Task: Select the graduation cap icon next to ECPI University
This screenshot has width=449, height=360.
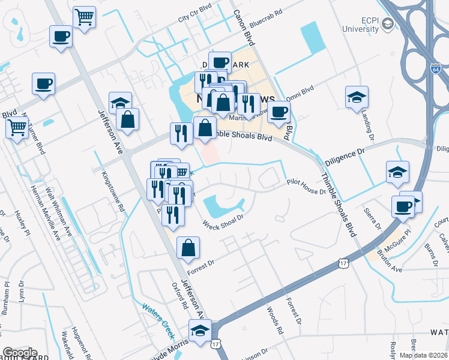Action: (x=387, y=23)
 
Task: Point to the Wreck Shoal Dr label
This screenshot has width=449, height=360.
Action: (x=224, y=222)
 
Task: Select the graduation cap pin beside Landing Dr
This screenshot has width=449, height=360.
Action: (x=357, y=97)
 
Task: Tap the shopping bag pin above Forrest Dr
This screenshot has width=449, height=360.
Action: (x=188, y=248)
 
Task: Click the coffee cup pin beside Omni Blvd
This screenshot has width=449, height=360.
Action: (x=278, y=112)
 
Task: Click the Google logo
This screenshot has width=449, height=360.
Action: (x=20, y=353)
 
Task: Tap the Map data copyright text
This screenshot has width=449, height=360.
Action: (x=424, y=355)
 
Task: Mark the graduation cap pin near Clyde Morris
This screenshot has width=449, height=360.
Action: (x=200, y=331)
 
